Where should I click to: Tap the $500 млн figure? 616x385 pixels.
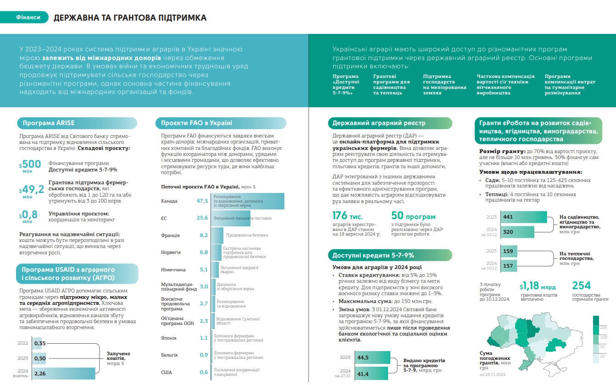pos(30,165)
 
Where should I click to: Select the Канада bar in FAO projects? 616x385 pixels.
pos(248,201)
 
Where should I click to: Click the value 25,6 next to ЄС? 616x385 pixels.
pos(202,218)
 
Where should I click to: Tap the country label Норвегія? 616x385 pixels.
pos(171,253)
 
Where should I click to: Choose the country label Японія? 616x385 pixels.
pos(169,338)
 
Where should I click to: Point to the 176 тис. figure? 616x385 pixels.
pos(347,216)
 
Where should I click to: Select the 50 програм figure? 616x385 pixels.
pos(413,216)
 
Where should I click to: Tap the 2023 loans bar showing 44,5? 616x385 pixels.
pos(372,357)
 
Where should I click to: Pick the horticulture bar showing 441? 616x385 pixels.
pos(523,217)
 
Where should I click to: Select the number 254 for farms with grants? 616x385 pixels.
pos(582,286)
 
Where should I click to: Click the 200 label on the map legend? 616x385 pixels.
pos(604,328)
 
